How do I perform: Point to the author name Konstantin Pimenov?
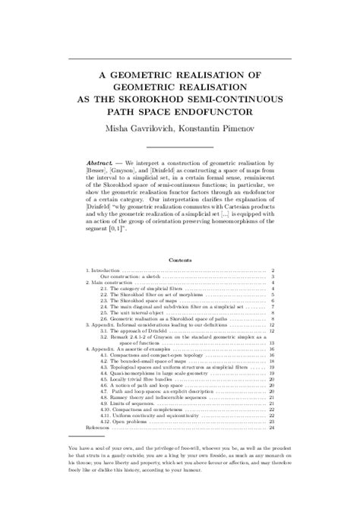[x=216, y=130]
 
